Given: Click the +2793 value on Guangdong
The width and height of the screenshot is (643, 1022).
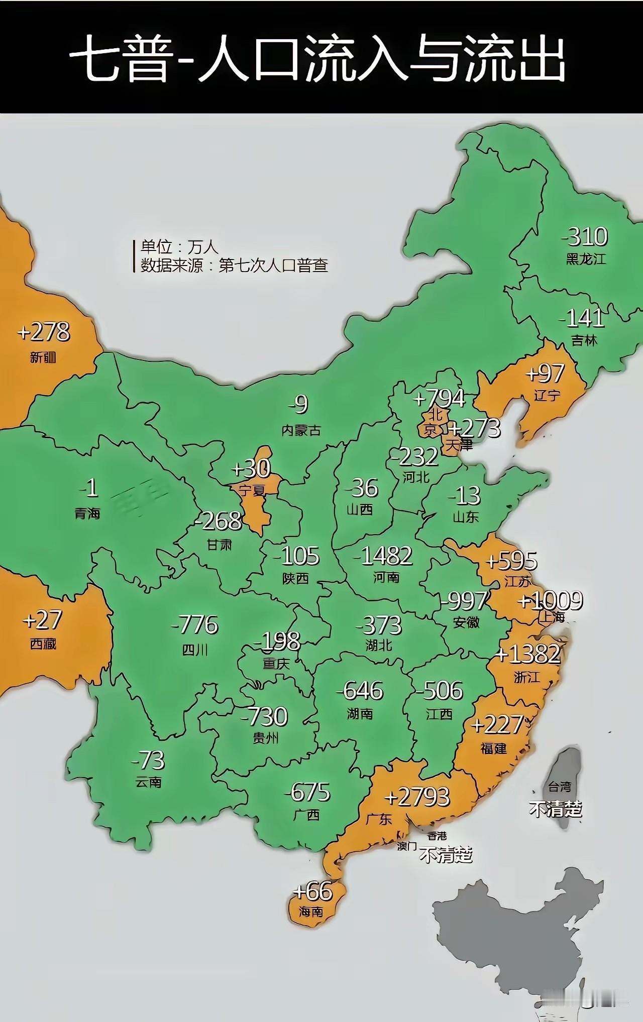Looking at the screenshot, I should click(x=417, y=797).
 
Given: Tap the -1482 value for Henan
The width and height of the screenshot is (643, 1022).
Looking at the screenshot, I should click(x=383, y=556).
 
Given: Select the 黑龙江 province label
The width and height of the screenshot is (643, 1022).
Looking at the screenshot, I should click(x=586, y=259).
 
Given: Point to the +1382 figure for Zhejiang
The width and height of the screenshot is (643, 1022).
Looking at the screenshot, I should click(x=528, y=654).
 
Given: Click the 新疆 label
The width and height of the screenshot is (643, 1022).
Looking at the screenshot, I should click(x=43, y=357).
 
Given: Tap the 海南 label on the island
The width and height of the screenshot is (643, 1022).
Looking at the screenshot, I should click(x=311, y=912).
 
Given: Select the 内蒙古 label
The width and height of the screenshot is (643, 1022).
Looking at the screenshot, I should click(x=301, y=430).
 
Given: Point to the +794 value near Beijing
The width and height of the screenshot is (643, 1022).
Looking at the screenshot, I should click(x=439, y=399).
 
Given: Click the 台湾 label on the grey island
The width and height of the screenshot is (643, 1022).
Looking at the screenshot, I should click(x=559, y=786).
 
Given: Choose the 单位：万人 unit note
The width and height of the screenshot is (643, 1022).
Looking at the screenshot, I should click(x=179, y=247).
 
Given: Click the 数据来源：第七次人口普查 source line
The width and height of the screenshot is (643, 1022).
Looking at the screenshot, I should click(x=234, y=265).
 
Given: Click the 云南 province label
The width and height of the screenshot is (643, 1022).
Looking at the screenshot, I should click(x=149, y=782).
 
